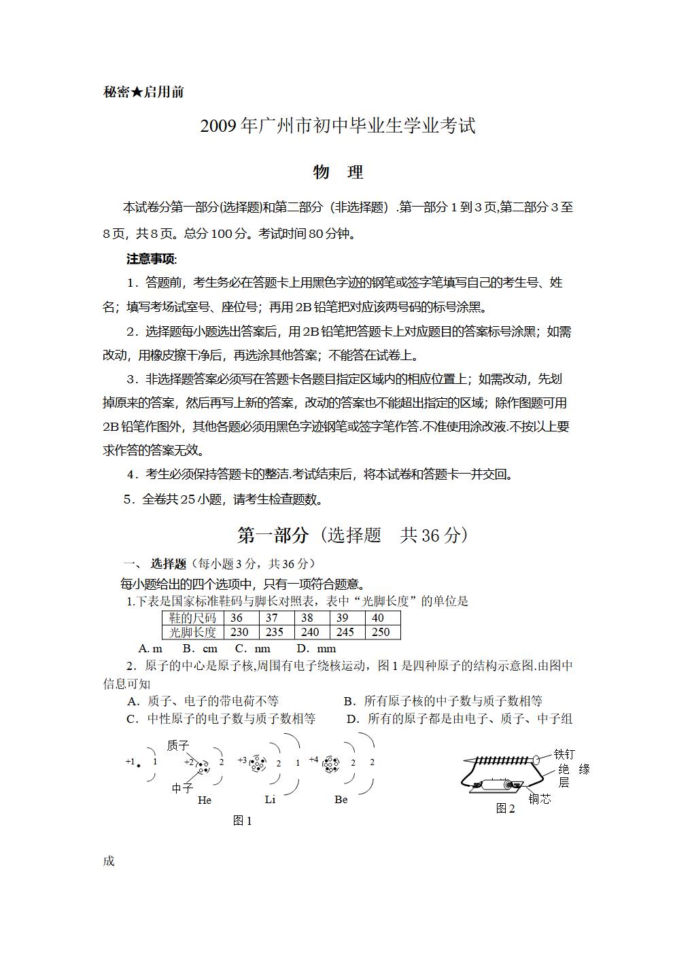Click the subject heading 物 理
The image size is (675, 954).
(x=338, y=173)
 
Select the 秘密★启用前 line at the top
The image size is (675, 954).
(x=143, y=92)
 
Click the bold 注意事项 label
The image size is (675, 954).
(x=151, y=259)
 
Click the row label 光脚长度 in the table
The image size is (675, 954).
(x=192, y=632)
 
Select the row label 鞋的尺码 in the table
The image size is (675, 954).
(x=192, y=618)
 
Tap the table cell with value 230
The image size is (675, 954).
(x=239, y=632)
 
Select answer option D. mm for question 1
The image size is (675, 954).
(x=316, y=649)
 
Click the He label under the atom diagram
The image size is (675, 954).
(x=205, y=800)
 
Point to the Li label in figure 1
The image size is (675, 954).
(x=270, y=800)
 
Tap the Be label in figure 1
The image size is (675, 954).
(x=341, y=800)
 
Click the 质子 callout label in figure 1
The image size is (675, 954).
(x=178, y=745)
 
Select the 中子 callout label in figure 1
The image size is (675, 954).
(x=182, y=788)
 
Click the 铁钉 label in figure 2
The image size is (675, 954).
(x=564, y=754)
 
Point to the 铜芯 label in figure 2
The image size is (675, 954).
(x=540, y=799)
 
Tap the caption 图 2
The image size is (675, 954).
(x=505, y=809)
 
